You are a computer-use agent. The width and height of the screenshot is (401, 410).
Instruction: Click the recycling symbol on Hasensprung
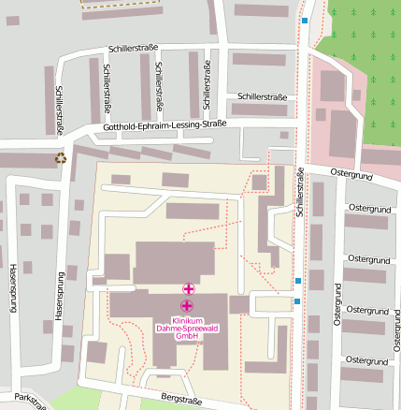pos(62,158)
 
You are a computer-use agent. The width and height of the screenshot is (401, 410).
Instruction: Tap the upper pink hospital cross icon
pos(188,289)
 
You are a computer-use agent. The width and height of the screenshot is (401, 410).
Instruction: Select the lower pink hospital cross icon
pos(187,306)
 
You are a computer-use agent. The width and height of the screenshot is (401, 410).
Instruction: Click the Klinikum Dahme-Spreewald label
pos(187,324)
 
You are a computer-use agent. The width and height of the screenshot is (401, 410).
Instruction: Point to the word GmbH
pos(187,336)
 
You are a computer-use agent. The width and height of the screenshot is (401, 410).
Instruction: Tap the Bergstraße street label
pos(180,399)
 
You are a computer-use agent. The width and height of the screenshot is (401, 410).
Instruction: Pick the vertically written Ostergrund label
pos(337,306)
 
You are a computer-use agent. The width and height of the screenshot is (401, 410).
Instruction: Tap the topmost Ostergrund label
pos(351,175)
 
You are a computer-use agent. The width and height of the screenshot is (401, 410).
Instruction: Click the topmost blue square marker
pos(304,21)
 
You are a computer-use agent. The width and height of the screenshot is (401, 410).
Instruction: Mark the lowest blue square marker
pos(297,301)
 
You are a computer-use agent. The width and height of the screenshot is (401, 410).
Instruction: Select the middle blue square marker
pos(297,281)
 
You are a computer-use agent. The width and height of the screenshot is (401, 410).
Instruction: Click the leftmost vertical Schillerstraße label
pos(59,110)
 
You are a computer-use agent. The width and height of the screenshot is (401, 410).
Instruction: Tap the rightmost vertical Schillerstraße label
pos(301,193)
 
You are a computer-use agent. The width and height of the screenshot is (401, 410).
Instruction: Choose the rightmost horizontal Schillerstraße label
pos(262,96)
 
